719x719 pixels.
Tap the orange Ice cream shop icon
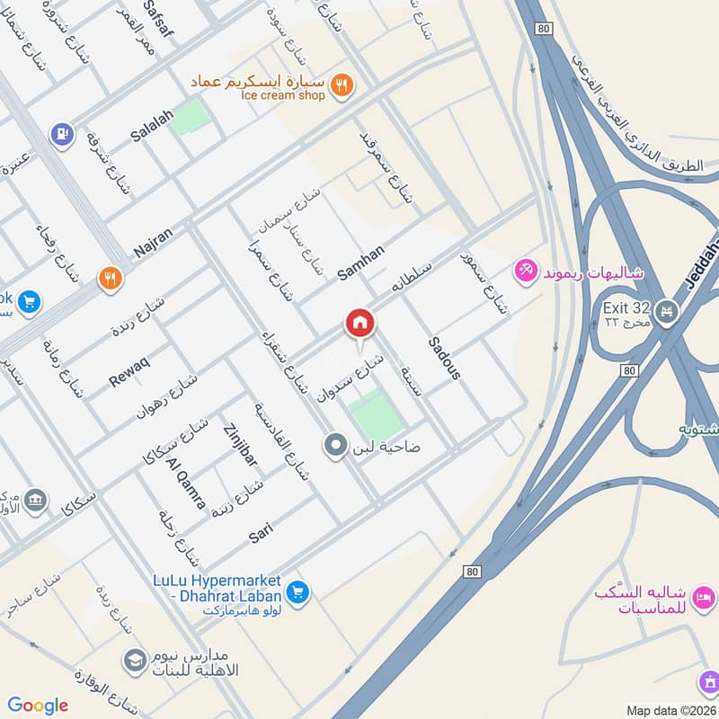pyautogui.click(x=342, y=85)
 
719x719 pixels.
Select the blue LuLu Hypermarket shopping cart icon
pyautogui.click(x=298, y=591)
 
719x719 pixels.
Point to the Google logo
pyautogui.click(x=38, y=706)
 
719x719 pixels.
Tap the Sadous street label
pyautogui.click(x=444, y=358)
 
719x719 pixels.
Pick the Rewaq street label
pyautogui.click(x=129, y=371)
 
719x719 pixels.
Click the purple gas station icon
pyautogui.click(x=62, y=134)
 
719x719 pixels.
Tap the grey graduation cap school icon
pyautogui.click(x=135, y=661)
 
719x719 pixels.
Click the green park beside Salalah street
pyautogui.click(x=190, y=118)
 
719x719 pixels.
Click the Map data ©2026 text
pyautogui.click(x=670, y=710)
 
